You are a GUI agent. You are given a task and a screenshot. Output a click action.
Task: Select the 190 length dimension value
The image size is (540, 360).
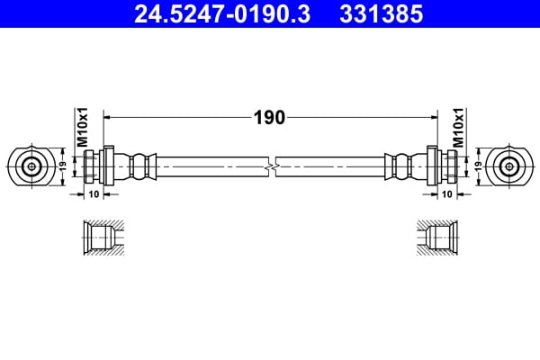pos(271,117)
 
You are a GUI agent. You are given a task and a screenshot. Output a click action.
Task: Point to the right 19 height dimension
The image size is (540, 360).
pos(478,166)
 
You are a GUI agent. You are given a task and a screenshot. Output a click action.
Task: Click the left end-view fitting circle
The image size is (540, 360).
pos(31,166)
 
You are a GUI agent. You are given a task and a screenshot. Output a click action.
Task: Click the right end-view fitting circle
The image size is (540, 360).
pos(509,166)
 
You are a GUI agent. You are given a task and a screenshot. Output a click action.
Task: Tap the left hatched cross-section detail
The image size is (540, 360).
pos(100,238)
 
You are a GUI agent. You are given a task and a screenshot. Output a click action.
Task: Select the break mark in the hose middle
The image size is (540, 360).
pos(271,166)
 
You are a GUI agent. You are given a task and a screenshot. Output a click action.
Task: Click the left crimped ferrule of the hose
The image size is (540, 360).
pos(141,166)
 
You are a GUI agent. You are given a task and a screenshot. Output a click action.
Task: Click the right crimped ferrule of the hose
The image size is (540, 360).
pos(400,166)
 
